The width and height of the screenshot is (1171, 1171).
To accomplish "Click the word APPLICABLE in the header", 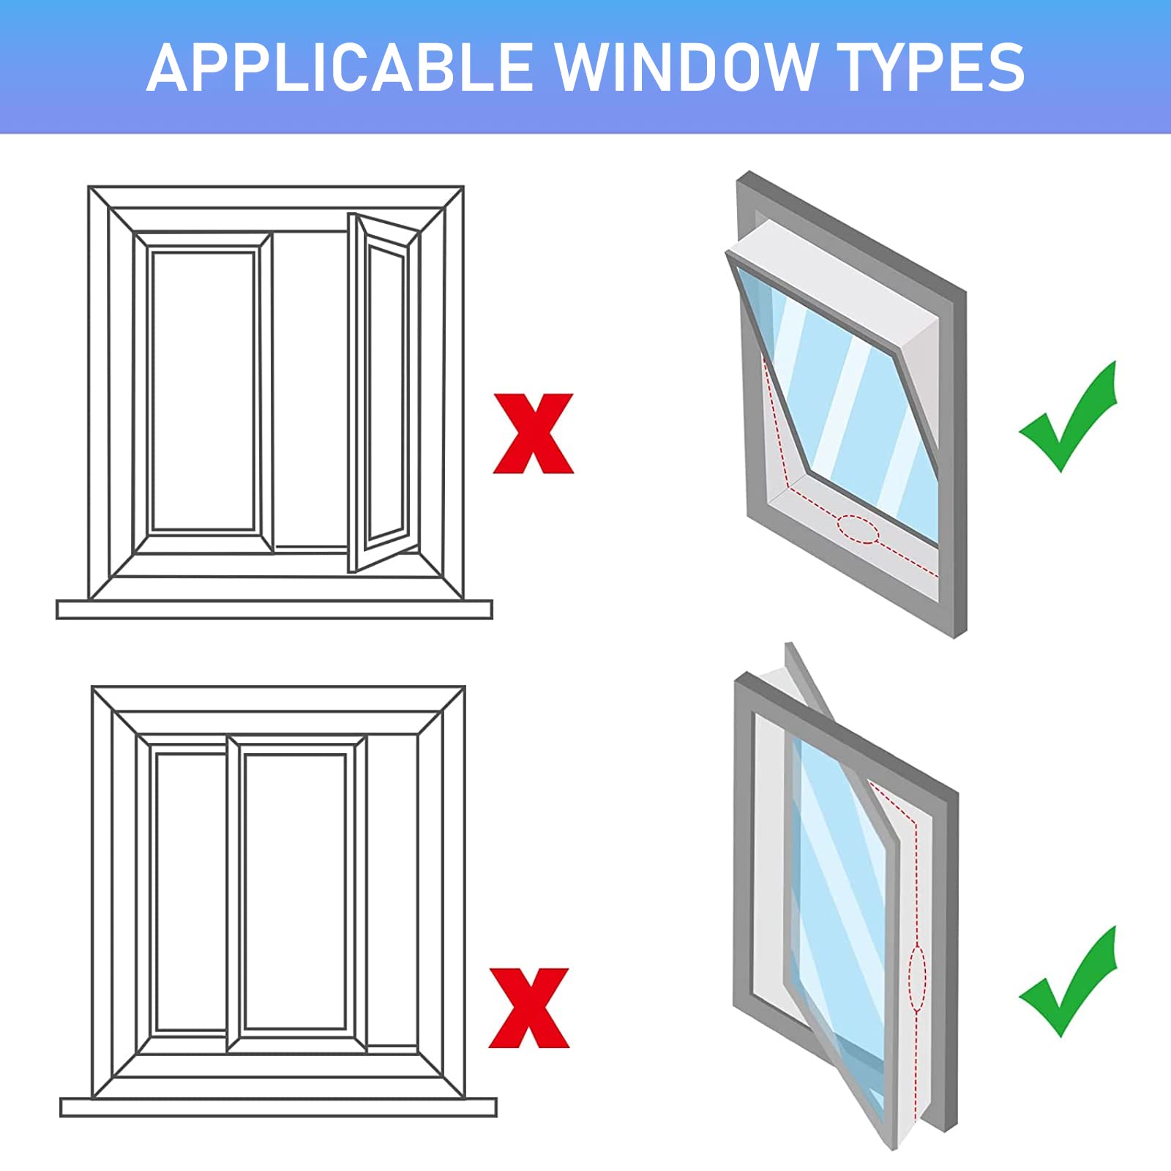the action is tap(340, 67).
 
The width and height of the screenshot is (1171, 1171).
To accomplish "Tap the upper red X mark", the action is tap(534, 433).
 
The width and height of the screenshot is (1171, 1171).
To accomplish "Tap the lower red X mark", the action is tap(529, 1008).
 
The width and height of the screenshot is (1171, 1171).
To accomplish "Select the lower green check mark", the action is tap(1069, 981).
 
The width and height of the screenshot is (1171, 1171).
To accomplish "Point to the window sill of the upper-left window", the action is tap(274, 609).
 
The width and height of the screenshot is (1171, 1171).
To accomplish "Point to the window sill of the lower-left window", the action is tap(278, 1107).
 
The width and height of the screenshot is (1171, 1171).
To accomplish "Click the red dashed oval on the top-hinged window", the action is tap(858, 529).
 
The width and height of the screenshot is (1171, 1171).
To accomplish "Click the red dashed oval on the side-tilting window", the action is tap(917, 979).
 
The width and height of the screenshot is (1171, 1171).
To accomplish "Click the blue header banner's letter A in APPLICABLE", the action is tap(166, 67).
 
